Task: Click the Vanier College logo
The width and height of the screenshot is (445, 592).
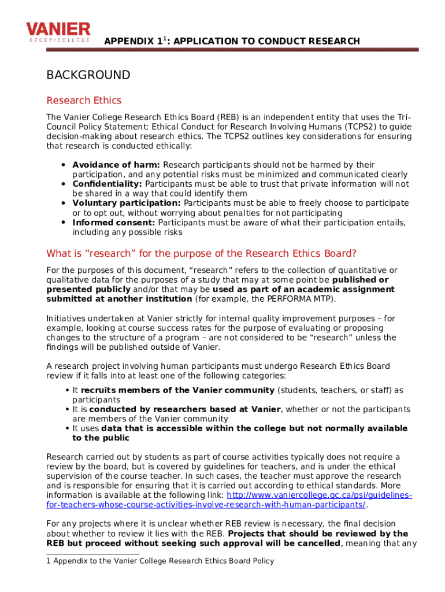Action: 58,32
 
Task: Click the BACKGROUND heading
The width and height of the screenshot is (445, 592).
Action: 88,75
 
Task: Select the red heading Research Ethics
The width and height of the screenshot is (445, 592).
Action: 84,101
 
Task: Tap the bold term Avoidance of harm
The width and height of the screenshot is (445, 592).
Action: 116,165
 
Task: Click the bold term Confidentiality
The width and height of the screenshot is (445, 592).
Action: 107,184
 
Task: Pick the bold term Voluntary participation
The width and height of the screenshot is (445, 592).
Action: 127,203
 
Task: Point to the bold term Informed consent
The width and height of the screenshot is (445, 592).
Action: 114,223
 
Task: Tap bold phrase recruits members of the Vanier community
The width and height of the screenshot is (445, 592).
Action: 177,390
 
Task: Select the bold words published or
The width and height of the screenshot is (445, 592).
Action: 361,280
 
